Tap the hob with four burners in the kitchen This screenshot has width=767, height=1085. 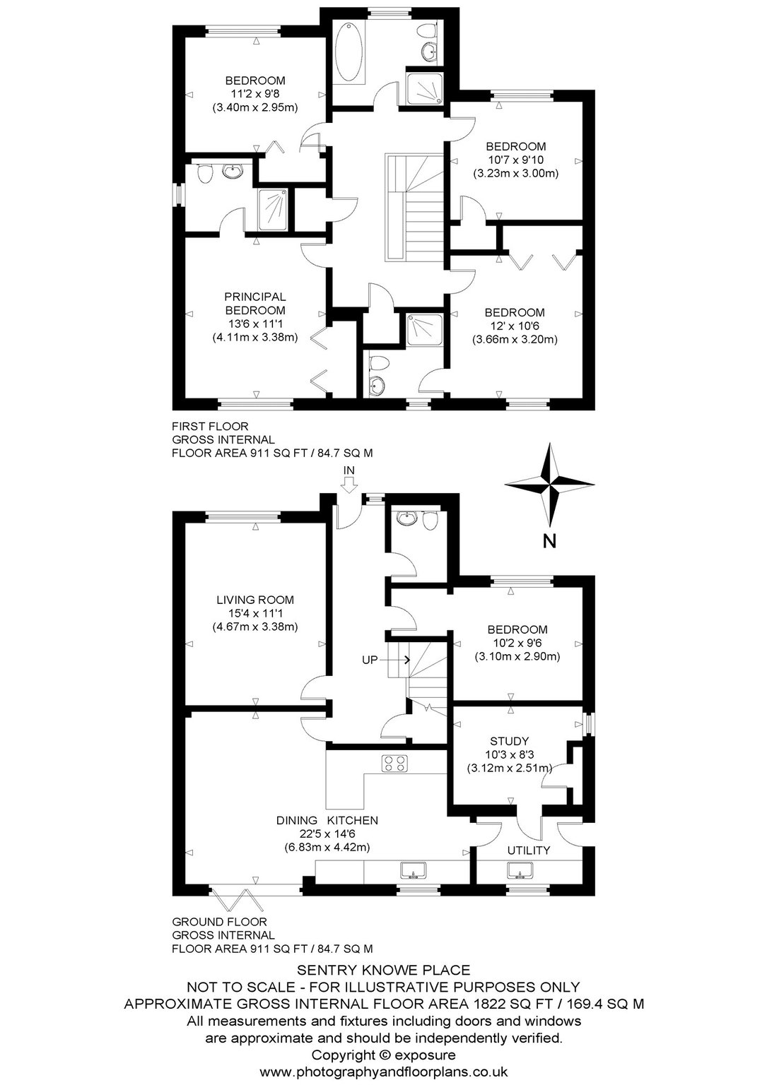click(394, 764)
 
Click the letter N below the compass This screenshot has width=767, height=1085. click(549, 541)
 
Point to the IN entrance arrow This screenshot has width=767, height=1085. click(349, 485)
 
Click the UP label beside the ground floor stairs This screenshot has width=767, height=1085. click(370, 660)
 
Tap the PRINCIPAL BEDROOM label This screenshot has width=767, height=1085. click(254, 303)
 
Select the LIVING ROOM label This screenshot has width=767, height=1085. click(255, 600)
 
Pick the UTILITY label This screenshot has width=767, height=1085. click(529, 850)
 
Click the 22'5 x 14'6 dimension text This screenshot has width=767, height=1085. click(327, 834)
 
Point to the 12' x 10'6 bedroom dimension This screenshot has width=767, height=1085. click(515, 326)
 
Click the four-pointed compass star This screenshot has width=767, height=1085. click(550, 485)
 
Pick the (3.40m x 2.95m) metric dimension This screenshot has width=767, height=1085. click(255, 107)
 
